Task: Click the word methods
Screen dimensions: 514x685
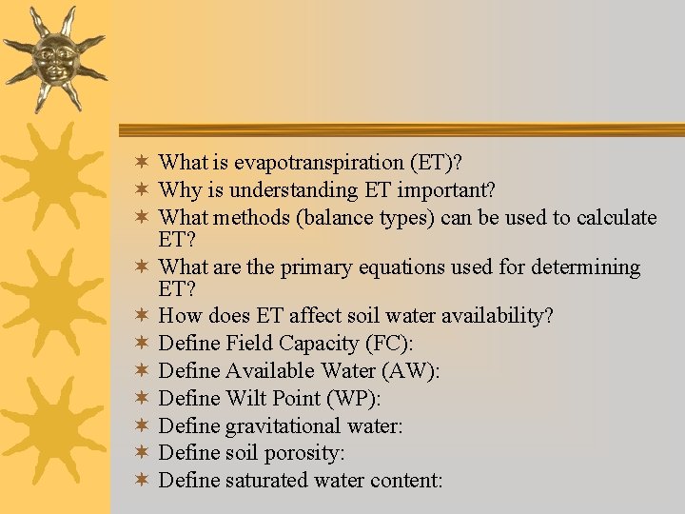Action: [253, 217]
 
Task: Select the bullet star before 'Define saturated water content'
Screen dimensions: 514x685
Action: [140, 479]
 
